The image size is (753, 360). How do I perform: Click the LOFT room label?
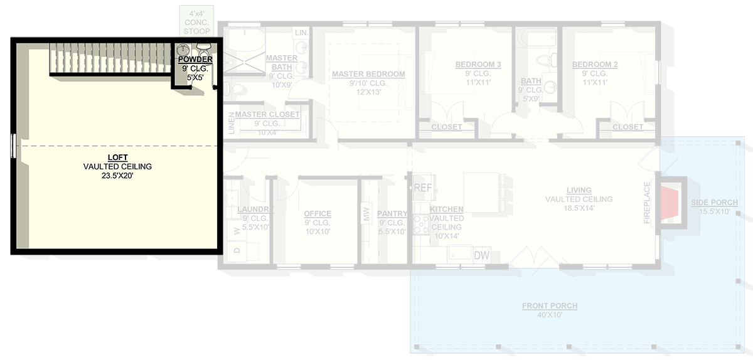(117, 158)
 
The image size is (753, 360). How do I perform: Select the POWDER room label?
(195, 60)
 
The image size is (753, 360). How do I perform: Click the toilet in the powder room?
(204, 48)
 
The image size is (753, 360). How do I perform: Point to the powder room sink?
(184, 49)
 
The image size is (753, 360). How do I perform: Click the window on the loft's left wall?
(13, 147)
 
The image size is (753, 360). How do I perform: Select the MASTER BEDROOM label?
(368, 74)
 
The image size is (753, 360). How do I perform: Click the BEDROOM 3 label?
(478, 65)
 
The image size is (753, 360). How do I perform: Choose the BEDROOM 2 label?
(595, 65)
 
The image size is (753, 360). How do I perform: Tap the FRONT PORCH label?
(550, 306)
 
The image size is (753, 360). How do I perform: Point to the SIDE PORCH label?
(714, 203)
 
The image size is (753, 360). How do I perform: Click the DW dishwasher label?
(481, 255)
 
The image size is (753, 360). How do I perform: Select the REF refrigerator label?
(422, 188)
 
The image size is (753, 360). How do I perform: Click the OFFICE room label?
(317, 214)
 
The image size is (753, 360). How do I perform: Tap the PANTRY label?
(392, 214)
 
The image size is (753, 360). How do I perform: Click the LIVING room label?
(579, 190)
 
